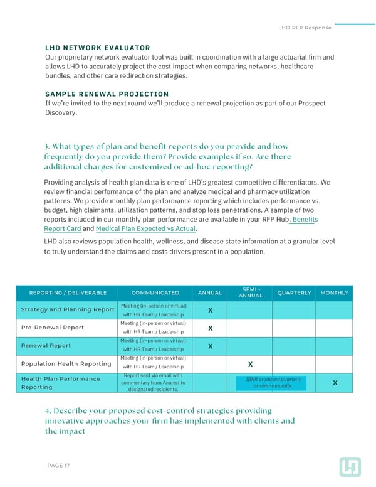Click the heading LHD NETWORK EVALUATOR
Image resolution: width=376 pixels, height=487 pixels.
click(x=97, y=48)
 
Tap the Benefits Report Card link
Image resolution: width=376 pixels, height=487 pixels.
click(x=180, y=224)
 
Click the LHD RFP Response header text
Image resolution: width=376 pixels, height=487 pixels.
click(x=304, y=28)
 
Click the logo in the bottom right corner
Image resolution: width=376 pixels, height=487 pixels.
click(x=350, y=466)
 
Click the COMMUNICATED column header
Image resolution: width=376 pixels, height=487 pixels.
click(x=155, y=293)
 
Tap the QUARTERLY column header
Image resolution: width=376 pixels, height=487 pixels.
click(x=294, y=293)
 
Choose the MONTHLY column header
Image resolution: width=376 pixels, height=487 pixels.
click(x=335, y=293)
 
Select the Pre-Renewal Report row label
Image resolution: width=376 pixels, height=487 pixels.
click(x=53, y=328)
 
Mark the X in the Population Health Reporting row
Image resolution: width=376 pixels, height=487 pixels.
click(x=250, y=364)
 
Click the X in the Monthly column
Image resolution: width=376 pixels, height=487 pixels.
click(x=335, y=383)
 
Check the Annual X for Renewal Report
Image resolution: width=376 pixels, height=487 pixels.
click(x=210, y=346)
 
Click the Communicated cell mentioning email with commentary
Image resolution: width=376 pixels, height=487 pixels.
click(x=152, y=382)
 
